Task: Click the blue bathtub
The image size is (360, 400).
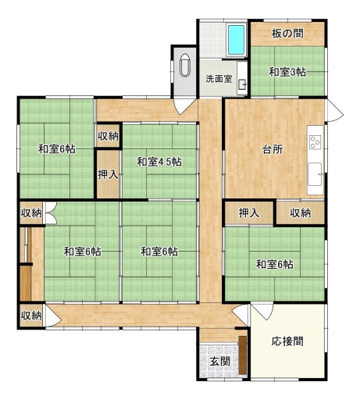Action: click(x=237, y=40)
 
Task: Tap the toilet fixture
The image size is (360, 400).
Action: click(x=185, y=65)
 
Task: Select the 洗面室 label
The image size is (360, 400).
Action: click(x=219, y=79)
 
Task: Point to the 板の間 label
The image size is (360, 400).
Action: click(x=287, y=34)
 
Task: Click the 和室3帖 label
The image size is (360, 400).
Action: click(x=287, y=72)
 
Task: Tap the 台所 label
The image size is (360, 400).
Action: click(x=273, y=149)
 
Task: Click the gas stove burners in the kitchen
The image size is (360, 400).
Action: click(x=315, y=142)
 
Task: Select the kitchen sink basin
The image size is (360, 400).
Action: click(x=315, y=174)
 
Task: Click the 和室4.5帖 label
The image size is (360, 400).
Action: click(x=159, y=162)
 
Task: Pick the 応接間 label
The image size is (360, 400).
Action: click(x=287, y=341)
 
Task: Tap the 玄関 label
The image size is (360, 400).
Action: click(x=220, y=362)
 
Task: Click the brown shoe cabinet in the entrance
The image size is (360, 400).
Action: click(x=243, y=355)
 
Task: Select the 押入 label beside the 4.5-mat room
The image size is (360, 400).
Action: click(x=108, y=174)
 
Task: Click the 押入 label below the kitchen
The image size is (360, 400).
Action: click(x=249, y=213)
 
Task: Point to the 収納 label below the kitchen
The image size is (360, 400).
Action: click(x=301, y=213)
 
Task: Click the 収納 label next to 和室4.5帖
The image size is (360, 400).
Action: click(x=108, y=136)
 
